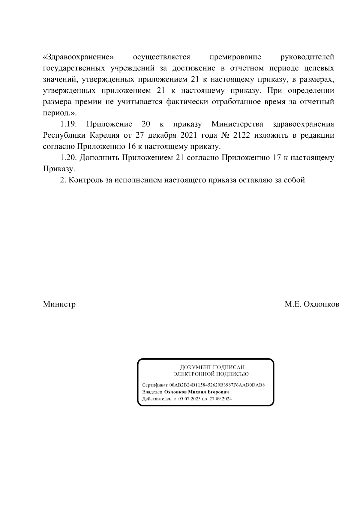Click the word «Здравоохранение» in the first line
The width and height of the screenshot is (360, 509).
tap(79, 57)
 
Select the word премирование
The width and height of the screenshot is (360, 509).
tap(235, 57)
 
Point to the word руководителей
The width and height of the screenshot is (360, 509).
tap(307, 57)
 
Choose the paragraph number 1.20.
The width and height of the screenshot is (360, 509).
tap(69, 158)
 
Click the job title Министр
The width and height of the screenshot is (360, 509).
tap(59, 304)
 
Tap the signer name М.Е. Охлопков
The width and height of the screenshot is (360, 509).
tap(312, 304)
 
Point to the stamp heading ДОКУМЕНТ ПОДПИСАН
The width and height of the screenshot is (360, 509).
tap(212, 367)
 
